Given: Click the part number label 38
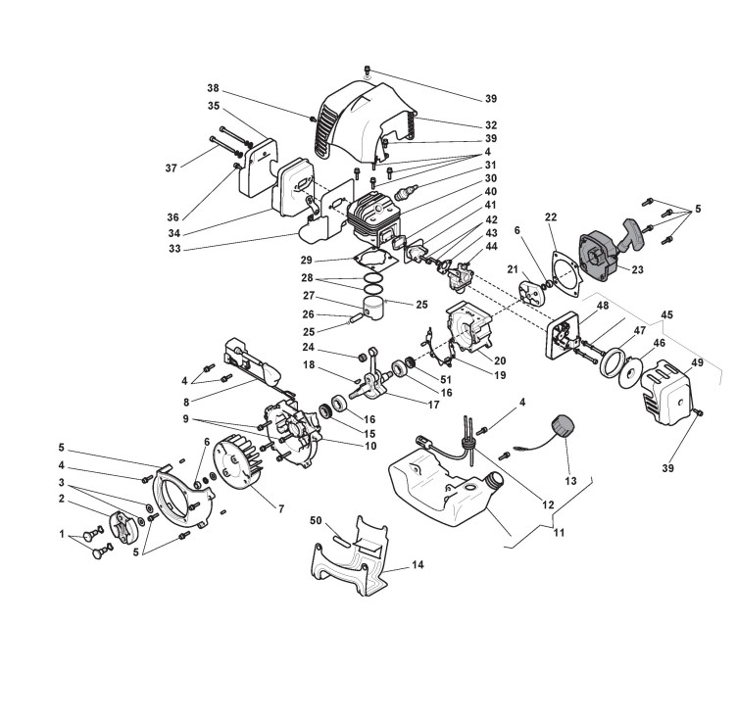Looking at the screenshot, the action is point(213,87).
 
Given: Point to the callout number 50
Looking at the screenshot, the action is point(317,520).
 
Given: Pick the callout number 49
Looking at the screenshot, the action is point(698,363).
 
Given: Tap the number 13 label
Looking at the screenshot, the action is point(571,481).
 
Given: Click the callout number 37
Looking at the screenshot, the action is point(172,168).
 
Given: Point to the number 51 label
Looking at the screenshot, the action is point(447,379).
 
